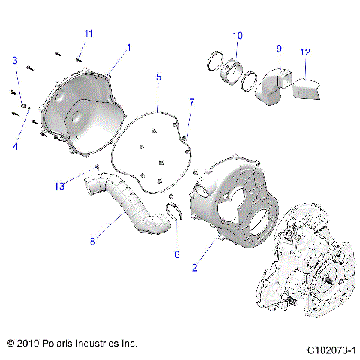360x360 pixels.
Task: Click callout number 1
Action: click(x=128, y=47)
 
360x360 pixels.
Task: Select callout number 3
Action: click(x=14, y=60)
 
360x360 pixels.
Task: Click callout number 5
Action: click(x=158, y=77)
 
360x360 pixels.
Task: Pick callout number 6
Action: click(x=177, y=254)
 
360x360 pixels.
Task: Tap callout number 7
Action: click(x=191, y=101)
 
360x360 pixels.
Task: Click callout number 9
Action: click(x=278, y=49)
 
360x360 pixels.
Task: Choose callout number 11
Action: click(x=88, y=34)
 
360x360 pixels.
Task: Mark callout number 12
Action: click(x=304, y=52)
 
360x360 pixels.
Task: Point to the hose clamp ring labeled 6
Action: click(x=175, y=214)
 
